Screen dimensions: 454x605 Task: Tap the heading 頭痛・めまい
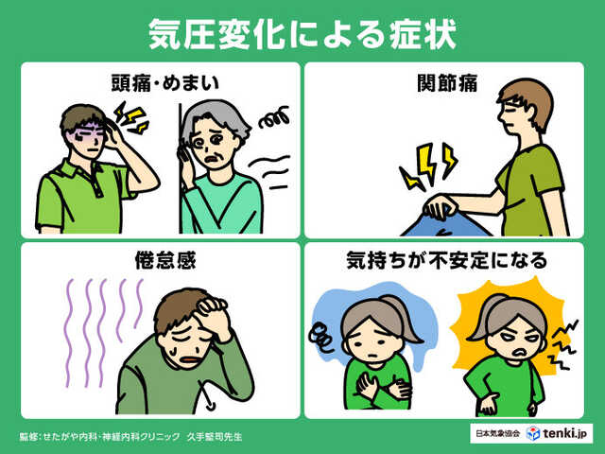click(x=161, y=82)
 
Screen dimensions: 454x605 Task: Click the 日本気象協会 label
click(x=497, y=432)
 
